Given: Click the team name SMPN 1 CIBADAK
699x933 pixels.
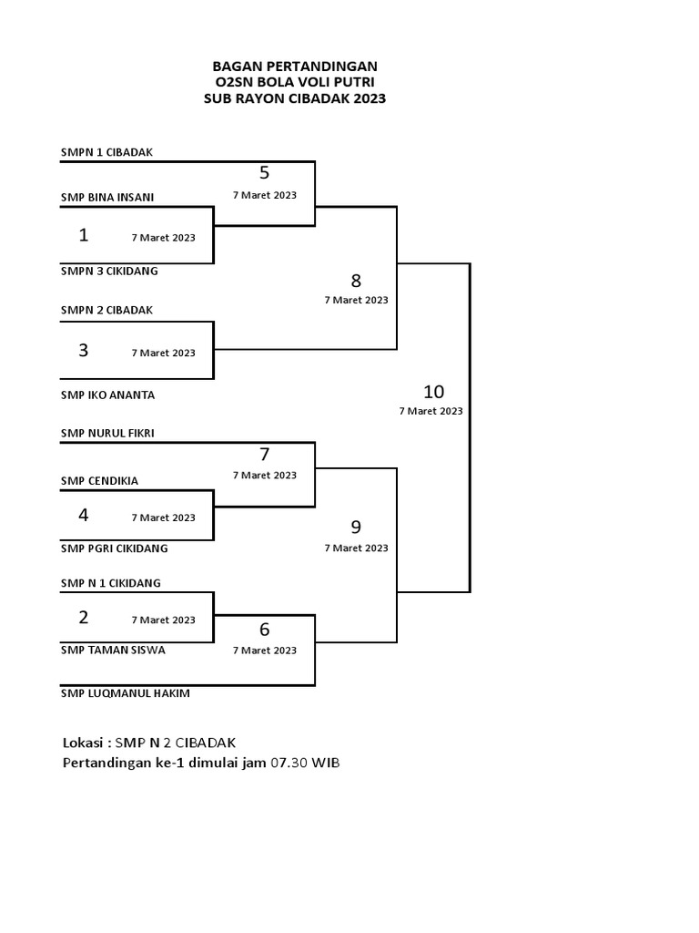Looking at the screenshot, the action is (x=107, y=152).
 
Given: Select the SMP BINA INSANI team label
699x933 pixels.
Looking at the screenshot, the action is (x=107, y=198).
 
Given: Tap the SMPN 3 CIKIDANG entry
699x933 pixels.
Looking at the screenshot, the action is (x=109, y=272).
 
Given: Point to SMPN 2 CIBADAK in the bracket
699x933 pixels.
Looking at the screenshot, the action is (x=107, y=311).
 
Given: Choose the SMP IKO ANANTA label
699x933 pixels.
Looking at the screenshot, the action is (x=107, y=395).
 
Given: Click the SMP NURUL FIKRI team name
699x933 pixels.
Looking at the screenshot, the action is (x=107, y=433).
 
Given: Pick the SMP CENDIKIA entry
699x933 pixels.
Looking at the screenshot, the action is (x=99, y=481).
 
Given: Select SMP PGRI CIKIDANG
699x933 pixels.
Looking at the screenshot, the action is (x=114, y=549).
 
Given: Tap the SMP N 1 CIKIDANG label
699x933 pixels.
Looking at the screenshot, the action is (x=110, y=583).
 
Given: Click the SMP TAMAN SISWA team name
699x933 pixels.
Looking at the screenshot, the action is (x=113, y=651).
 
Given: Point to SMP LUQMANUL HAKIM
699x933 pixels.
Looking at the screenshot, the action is (x=126, y=693).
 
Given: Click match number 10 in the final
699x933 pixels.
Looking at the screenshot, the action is (x=434, y=392).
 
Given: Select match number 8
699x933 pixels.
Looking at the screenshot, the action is (x=356, y=281).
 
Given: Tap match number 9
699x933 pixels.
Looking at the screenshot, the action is (x=356, y=528).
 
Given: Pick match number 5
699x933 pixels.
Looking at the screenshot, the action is (x=265, y=172).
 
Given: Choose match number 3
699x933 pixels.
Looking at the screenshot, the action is (x=84, y=350).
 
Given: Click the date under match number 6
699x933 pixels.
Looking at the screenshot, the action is (x=265, y=651).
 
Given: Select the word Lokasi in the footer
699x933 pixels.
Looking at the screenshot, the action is (x=83, y=743).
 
